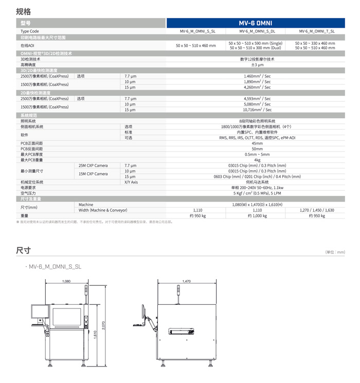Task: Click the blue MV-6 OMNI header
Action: coord(256,23)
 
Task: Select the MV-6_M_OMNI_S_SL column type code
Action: coord(198,31)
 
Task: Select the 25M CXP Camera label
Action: coord(93,166)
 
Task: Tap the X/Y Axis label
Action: coord(131,182)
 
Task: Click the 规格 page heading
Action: coord(23,11)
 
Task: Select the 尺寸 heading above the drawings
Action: coord(23,250)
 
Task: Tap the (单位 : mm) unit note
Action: coord(335,252)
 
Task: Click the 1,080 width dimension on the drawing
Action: coord(66,281)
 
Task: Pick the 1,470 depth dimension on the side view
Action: coord(186,281)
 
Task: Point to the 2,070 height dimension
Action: coord(103,325)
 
